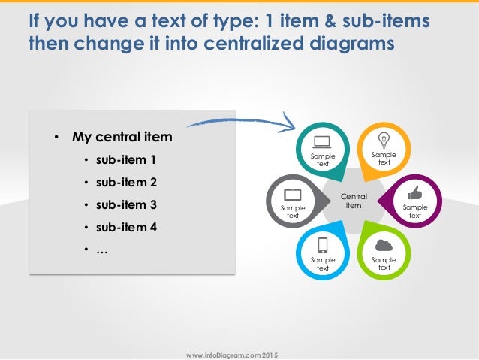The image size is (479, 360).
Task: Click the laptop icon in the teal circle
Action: (x=321, y=140)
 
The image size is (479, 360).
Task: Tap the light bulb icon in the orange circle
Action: (x=384, y=138)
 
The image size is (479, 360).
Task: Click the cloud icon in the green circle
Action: (x=384, y=245)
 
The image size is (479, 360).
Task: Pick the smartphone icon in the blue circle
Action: (x=323, y=245)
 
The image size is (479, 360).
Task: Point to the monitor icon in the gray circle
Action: (x=293, y=195)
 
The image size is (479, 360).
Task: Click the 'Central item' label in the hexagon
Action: (x=354, y=201)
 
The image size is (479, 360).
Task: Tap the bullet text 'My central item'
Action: (x=122, y=137)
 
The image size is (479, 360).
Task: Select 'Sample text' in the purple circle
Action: (x=414, y=211)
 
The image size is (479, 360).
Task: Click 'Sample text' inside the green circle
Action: (x=384, y=263)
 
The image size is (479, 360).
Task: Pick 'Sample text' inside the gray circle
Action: (x=293, y=211)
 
